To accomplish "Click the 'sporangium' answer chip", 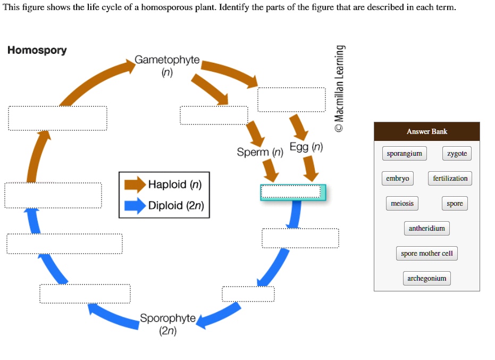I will coord(404,154).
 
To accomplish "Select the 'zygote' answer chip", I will coord(457,154).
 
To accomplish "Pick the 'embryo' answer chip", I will coord(397,179).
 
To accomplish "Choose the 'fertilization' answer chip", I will coord(450,179).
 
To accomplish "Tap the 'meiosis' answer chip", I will coord(402,204).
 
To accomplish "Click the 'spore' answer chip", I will coord(455,204).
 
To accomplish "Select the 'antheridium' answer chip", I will coord(426,229).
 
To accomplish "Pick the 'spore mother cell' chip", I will coord(426,254).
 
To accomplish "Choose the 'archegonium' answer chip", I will coord(426,279).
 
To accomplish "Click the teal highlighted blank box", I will coord(292,192).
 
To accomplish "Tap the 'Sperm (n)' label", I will coord(260,153).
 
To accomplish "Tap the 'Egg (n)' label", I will coord(306,147).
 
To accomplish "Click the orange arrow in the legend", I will coord(135,185).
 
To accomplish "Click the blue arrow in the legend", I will coord(135,206).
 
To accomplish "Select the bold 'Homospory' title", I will coord(37,51).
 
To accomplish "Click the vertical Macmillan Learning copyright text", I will coord(340,88).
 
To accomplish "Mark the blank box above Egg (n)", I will coord(291,100).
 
